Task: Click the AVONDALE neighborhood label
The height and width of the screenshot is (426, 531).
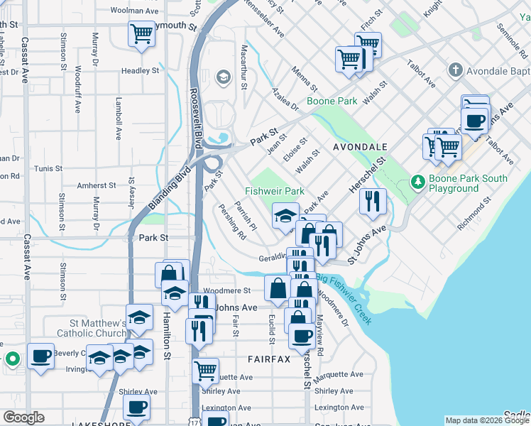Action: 360,146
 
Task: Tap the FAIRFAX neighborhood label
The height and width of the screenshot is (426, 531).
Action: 269,359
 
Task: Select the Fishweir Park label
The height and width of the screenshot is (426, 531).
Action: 274,192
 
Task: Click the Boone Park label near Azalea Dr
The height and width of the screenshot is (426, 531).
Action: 332,102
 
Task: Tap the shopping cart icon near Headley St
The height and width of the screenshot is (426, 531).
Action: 141,33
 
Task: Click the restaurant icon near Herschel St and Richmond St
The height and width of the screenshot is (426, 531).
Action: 372,201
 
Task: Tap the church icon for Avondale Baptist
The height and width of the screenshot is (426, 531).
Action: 455,70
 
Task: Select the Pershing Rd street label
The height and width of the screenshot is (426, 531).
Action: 232,222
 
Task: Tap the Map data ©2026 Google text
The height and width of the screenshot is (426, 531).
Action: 486,420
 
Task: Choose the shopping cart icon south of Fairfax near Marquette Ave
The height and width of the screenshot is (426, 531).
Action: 205,370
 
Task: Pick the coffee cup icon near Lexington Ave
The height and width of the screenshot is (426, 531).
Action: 136,407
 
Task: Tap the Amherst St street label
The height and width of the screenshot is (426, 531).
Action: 97,185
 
